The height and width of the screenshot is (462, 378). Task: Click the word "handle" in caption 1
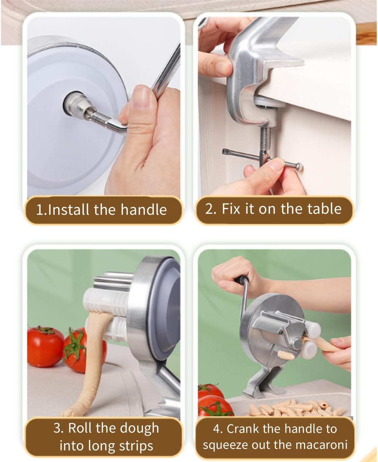point(144,210)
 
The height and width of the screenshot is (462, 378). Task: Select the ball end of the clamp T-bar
point(299,167)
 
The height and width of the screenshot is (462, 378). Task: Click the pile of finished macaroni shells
point(297,408)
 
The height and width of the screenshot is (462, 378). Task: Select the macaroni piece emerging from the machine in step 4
point(286,354)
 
